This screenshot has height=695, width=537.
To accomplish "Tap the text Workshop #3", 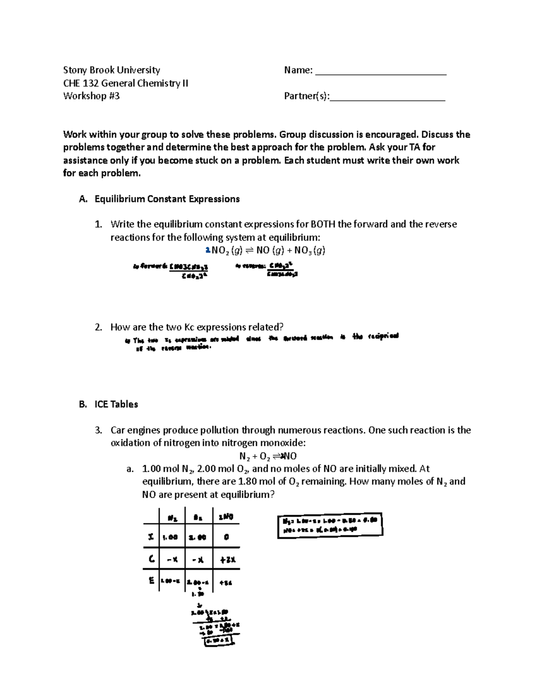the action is [x=91, y=96].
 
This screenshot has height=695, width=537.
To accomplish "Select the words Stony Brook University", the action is [x=111, y=70].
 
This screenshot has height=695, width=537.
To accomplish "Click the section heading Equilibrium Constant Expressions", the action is [x=167, y=199].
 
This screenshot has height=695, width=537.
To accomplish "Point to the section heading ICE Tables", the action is [x=116, y=404].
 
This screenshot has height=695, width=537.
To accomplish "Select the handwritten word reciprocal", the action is [x=382, y=337].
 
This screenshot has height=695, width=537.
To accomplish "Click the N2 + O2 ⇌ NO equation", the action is [x=268, y=456].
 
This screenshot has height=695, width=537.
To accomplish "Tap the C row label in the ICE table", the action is [x=151, y=559].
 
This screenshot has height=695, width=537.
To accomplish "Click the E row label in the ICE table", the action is [x=151, y=581].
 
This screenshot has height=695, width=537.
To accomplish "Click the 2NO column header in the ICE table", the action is [x=226, y=517].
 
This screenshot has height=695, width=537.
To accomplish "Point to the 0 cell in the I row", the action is [x=226, y=537].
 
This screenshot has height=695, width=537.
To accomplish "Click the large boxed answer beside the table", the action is [x=330, y=525].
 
